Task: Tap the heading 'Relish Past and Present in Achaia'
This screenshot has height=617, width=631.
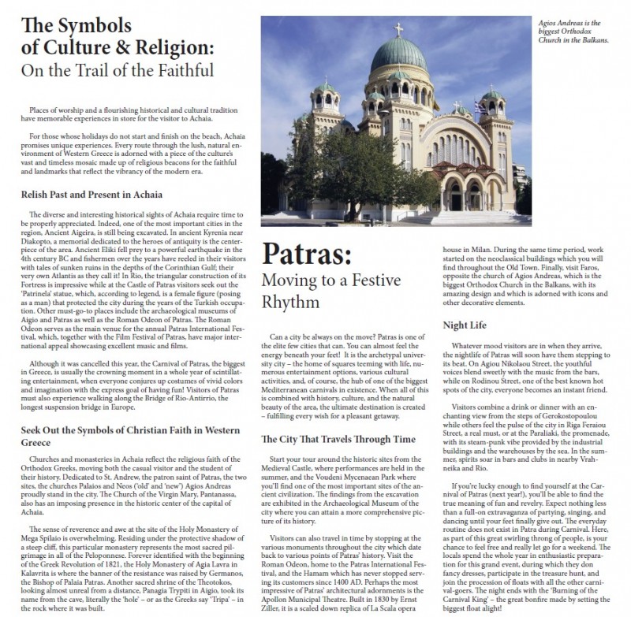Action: tap(94, 193)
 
